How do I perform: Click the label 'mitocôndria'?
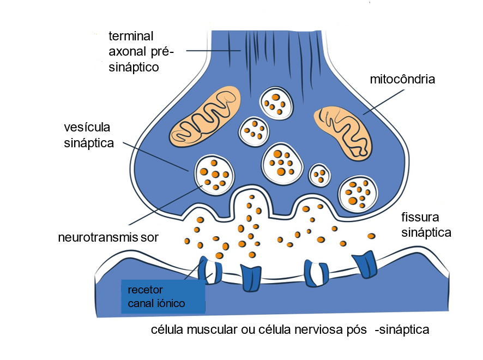[402, 79]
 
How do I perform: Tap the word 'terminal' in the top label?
[131, 37]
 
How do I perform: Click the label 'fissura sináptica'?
[426, 224]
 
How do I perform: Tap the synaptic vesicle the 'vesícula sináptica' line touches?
[215, 175]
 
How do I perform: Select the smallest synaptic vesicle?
[320, 175]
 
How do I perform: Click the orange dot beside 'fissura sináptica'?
[371, 236]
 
